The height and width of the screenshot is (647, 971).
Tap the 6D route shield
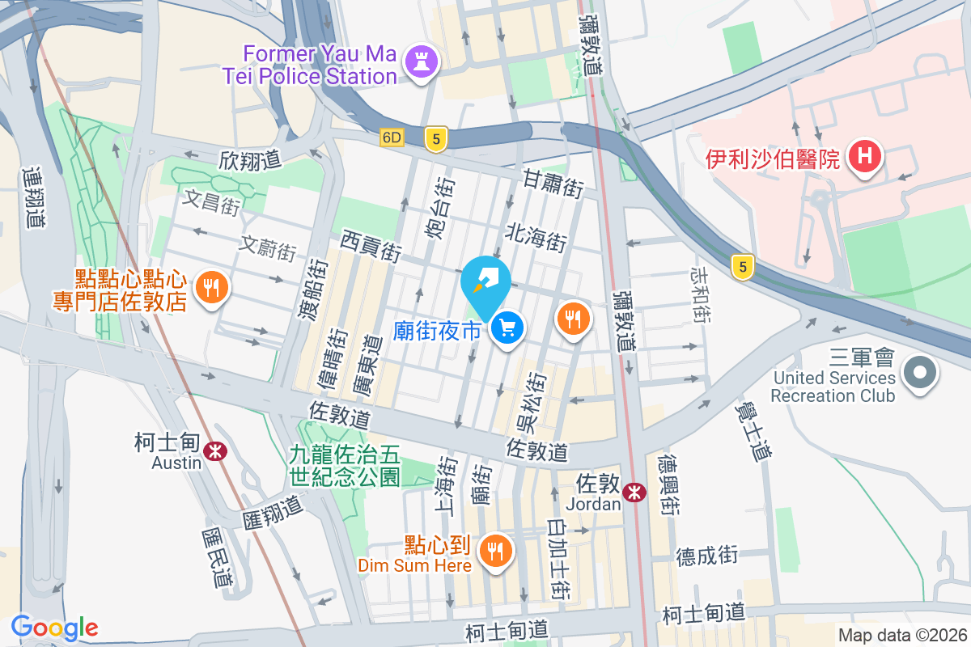(x=392, y=138)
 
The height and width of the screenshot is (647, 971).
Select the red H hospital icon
(x=863, y=155)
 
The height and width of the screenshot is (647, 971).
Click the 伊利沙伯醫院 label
(x=772, y=159)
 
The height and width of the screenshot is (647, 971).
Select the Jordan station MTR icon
(x=635, y=491)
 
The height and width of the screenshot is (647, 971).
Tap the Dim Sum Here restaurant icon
(x=494, y=552)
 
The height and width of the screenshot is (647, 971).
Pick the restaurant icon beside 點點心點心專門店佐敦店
(x=211, y=286)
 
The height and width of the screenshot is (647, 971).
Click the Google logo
(x=54, y=627)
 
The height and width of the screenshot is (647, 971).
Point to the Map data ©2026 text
(x=901, y=636)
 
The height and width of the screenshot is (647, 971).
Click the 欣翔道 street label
(x=249, y=159)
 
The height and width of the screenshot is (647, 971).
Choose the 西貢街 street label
(x=371, y=245)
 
